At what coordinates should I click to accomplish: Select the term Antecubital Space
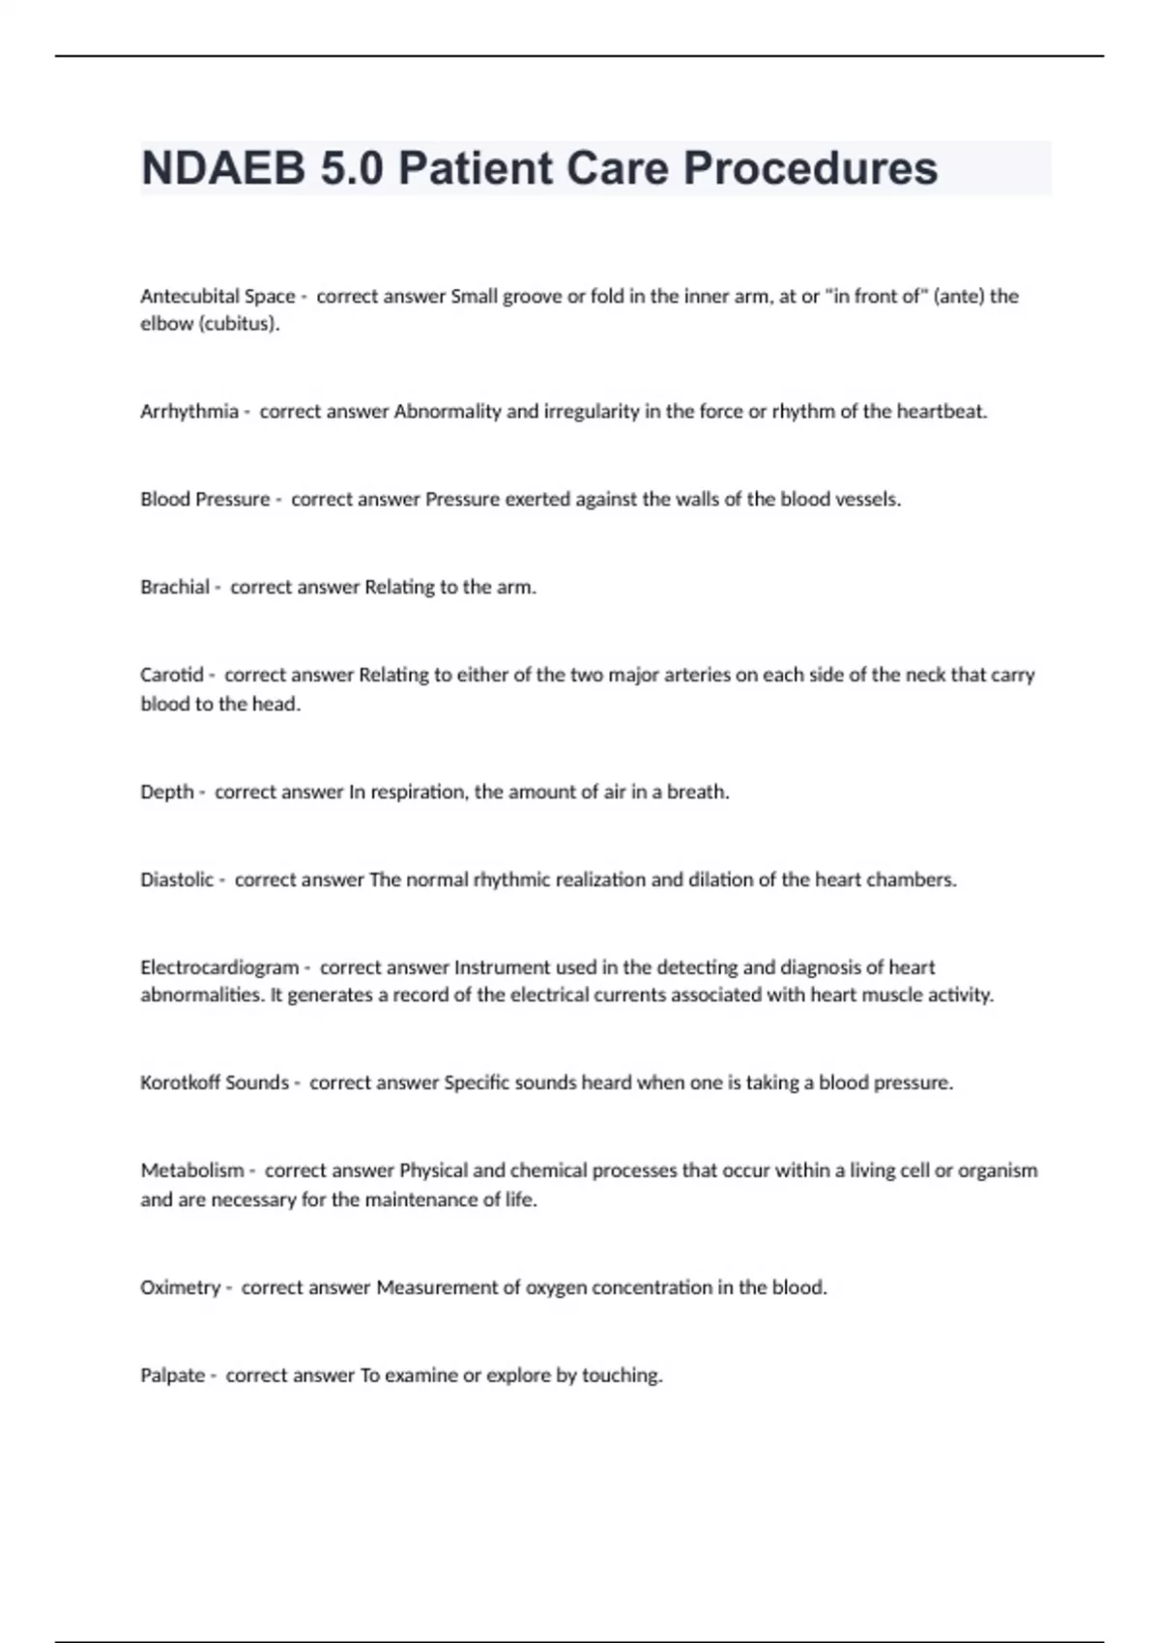217,296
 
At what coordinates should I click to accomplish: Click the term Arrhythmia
189,411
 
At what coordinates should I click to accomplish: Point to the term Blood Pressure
205,499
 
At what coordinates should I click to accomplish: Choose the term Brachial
175,587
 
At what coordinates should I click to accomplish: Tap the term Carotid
172,675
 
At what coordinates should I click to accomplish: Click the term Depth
167,792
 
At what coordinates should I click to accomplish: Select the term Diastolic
177,879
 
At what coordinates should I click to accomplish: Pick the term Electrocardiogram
219,966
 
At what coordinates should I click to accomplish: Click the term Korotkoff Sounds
215,1082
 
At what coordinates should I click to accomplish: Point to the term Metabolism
192,1170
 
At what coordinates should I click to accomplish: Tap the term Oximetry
181,1287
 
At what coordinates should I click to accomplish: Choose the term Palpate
173,1375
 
